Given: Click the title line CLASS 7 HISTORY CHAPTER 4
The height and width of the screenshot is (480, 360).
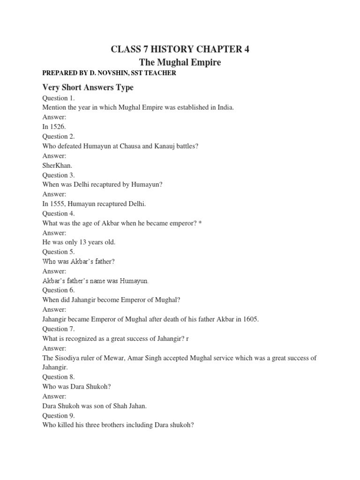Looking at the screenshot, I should coord(180,50).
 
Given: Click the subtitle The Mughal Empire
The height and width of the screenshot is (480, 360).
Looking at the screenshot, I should coord(180,62).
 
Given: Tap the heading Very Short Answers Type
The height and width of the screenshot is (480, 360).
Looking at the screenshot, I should coord(88,87).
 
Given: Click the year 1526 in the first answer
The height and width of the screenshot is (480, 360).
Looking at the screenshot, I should coord(58,127).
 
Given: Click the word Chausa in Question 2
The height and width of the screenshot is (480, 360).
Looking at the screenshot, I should coord(127,146).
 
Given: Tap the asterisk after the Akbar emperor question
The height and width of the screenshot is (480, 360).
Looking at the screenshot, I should coord(200,223).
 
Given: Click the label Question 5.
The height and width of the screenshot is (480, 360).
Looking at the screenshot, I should coord(59,252).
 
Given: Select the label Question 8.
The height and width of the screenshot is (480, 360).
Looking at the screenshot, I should coord(59,377).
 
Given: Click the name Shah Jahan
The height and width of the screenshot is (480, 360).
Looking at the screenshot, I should coord(125,406).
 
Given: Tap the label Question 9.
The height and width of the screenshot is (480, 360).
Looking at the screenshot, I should coord(59,415).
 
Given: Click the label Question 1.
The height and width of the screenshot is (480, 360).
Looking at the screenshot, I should coord(59,98).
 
